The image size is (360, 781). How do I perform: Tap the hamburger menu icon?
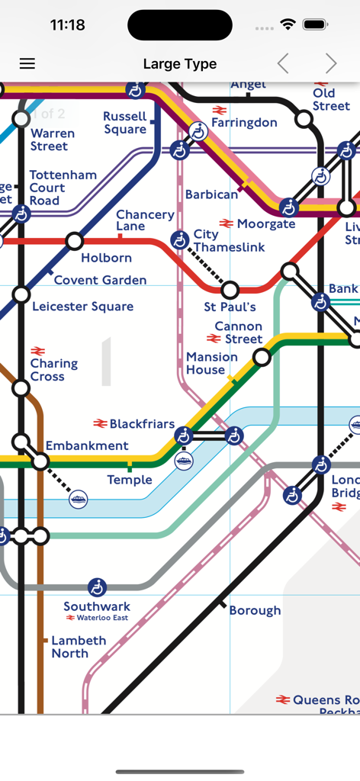tap(27, 64)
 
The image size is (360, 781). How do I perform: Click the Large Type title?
tap(180, 64)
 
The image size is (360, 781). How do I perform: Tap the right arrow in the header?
tap(330, 64)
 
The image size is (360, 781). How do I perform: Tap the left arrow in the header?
tap(283, 64)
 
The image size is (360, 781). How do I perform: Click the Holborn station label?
tap(106, 259)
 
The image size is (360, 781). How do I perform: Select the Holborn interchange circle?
tap(74, 242)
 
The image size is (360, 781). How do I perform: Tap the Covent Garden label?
tap(100, 281)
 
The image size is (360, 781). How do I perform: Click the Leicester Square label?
tap(82, 307)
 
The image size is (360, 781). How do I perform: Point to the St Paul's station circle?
tap(230, 290)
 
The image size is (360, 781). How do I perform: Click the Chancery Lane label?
tap(145, 220)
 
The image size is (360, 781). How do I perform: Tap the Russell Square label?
tap(125, 123)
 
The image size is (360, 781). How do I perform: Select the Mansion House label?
tap(211, 363)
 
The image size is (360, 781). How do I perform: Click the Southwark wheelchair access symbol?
tap(97, 587)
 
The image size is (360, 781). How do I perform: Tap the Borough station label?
tap(255, 611)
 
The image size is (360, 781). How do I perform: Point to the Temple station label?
tap(130, 480)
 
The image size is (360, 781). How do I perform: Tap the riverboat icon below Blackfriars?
tap(184, 461)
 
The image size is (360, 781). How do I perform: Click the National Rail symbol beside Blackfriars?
tap(100, 424)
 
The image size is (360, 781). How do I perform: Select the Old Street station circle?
tap(304, 119)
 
